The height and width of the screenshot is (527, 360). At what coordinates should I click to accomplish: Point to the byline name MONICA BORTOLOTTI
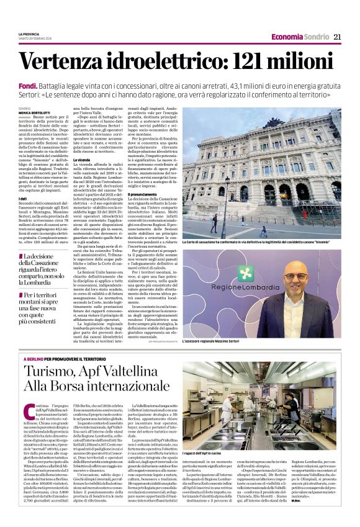(x=32, y=113)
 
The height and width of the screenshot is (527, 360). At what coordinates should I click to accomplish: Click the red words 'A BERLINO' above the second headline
(x=33, y=360)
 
